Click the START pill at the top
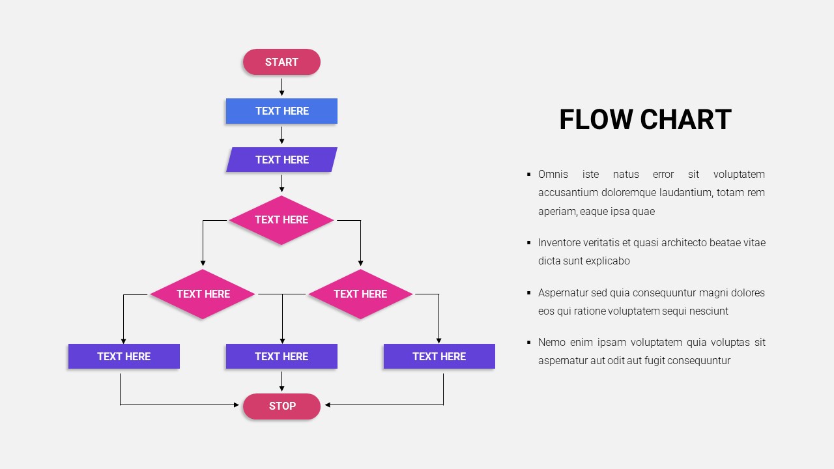(x=281, y=62)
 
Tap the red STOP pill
(x=281, y=406)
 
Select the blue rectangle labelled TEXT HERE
(x=281, y=111)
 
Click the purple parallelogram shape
(x=281, y=160)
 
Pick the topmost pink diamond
(x=281, y=220)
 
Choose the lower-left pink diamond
(x=203, y=294)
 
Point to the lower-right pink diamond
(x=360, y=294)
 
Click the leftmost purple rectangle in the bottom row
(x=124, y=356)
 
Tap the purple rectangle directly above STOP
(x=281, y=356)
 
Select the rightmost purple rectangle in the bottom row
(x=439, y=356)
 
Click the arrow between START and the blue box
(x=281, y=87)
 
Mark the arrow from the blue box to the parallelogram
(x=281, y=135)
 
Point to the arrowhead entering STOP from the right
(x=328, y=405)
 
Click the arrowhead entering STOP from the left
(x=236, y=405)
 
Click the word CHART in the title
(x=685, y=120)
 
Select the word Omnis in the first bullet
(x=553, y=174)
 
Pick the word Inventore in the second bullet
(x=560, y=242)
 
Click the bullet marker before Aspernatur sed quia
(x=528, y=292)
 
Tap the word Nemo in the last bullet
(x=551, y=342)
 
